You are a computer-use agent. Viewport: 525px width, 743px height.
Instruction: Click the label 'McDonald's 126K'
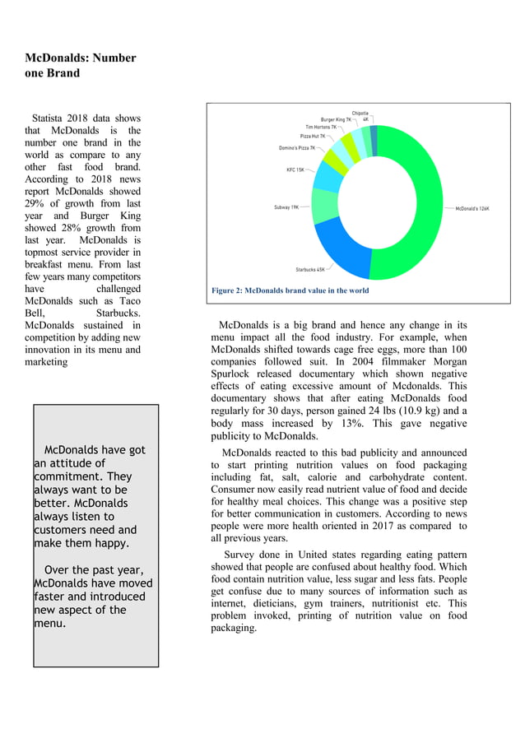(x=472, y=208)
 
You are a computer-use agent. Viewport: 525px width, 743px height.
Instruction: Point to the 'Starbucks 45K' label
(x=309, y=269)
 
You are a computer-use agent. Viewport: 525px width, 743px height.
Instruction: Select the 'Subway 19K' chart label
(x=286, y=207)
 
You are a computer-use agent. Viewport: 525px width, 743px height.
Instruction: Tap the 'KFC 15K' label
(x=295, y=169)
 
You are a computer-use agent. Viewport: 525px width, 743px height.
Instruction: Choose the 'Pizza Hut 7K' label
(x=312, y=136)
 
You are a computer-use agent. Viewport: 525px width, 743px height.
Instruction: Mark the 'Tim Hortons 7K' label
(x=321, y=128)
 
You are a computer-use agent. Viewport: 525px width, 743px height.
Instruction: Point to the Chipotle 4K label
(x=360, y=116)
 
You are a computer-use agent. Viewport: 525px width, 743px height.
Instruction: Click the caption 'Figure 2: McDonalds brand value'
(x=290, y=290)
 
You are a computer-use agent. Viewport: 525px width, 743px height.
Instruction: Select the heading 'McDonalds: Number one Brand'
(x=80, y=65)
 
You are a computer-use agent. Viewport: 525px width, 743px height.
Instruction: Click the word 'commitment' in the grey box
(x=70, y=476)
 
